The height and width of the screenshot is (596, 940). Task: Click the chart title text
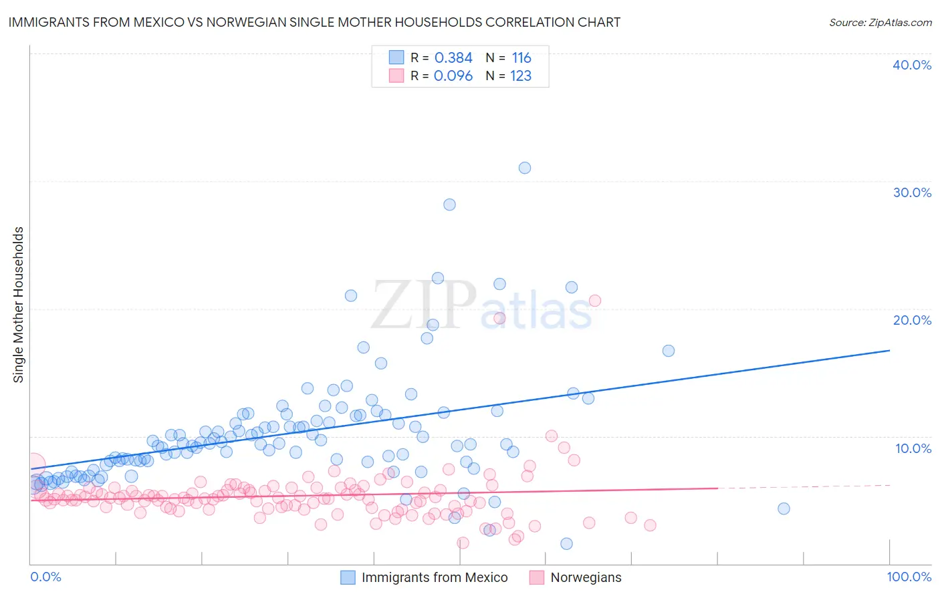(314, 22)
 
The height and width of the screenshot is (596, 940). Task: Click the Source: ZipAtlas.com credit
(880, 22)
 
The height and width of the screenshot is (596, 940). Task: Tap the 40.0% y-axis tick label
(912, 65)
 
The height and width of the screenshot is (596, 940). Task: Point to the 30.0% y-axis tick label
(912, 192)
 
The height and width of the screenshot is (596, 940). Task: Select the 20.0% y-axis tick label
(912, 320)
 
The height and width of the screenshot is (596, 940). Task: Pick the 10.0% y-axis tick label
(913, 448)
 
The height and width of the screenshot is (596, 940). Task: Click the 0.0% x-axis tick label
(45, 577)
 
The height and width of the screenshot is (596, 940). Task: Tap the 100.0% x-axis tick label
(909, 577)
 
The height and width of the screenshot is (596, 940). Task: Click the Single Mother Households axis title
(19, 305)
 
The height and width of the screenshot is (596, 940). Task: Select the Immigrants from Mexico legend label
(435, 577)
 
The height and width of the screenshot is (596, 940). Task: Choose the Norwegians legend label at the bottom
(586, 577)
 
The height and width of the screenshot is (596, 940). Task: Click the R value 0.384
(453, 58)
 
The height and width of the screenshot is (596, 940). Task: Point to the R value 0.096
(453, 76)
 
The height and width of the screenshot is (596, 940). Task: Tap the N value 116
(521, 58)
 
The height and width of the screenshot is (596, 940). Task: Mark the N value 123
(521, 76)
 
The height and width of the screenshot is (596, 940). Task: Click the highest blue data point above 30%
(525, 168)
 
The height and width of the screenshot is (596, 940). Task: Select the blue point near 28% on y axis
(449, 204)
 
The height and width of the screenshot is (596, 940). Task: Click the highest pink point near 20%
(594, 301)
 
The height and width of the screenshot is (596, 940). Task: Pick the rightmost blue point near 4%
(784, 508)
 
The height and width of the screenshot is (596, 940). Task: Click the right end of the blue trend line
(889, 350)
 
